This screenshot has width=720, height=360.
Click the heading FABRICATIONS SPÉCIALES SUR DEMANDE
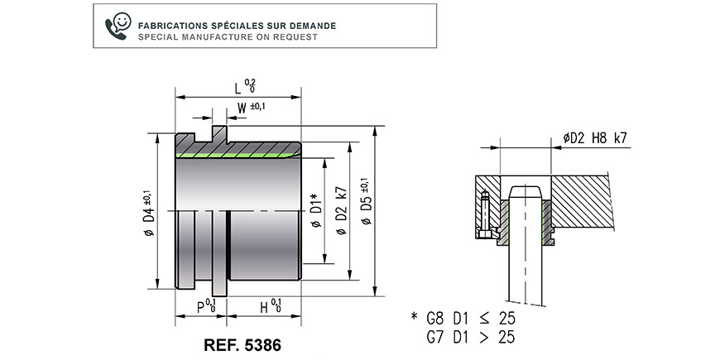pos(237,26)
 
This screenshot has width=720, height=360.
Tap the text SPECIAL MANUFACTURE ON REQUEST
pos(228,37)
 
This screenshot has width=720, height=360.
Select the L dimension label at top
pos(250,85)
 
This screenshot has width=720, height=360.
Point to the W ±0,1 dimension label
pos(252,108)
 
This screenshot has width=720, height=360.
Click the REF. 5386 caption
pos(242,345)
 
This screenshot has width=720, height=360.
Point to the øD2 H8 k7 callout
pos(595,137)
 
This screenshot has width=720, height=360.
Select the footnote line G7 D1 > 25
pos(471,337)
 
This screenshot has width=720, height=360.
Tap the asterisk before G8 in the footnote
pos(415,316)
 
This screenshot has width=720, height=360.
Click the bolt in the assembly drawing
pos(485,214)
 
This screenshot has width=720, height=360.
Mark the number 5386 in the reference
pos(262,345)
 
